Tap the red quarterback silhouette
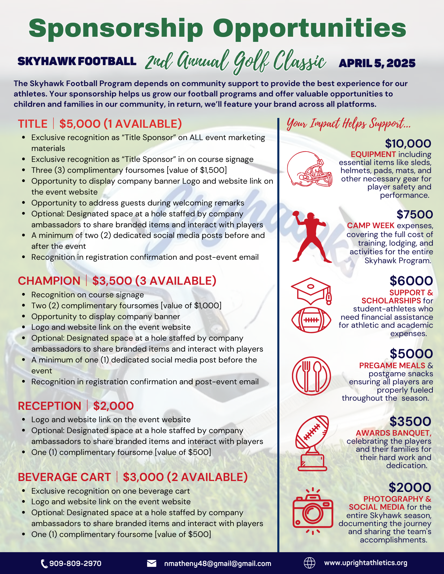tap(310, 237)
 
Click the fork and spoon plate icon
tap(311, 376)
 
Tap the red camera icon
tap(313, 511)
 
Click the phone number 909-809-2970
tap(75, 563)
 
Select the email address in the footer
tap(218, 563)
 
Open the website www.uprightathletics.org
tap(366, 563)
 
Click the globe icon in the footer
tap(310, 563)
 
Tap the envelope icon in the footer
tap(151, 563)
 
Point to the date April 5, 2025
tap(377, 63)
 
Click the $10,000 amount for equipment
tap(408, 143)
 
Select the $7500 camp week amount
tap(414, 214)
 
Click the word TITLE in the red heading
tap(33, 124)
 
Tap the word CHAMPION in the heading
tap(49, 281)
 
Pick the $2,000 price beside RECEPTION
tap(113, 406)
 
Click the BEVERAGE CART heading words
tap(64, 477)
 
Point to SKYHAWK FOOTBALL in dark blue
tap(77, 61)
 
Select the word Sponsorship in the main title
tap(116, 28)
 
